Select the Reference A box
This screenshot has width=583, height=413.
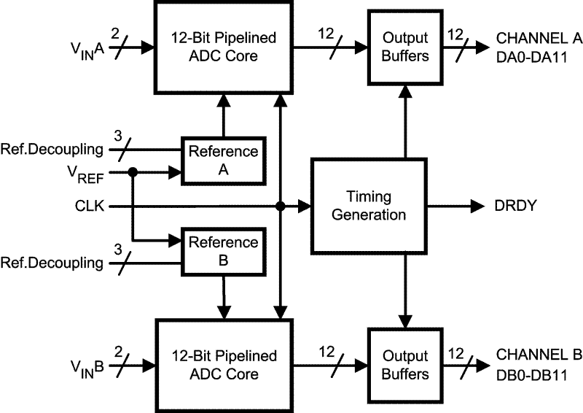click(224, 161)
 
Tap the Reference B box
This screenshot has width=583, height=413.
click(224, 251)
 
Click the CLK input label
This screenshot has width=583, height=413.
click(89, 206)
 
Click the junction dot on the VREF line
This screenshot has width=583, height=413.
click(133, 172)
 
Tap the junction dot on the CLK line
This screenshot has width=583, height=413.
click(281, 206)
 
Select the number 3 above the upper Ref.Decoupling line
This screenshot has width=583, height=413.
click(118, 136)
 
